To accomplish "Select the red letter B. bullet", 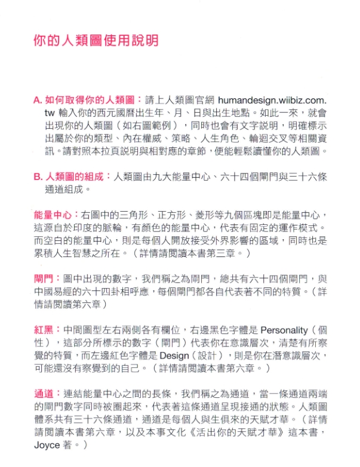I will point(37,177).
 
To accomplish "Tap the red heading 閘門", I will point(43,279).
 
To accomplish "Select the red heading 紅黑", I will point(43,330).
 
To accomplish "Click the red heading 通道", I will point(43,394).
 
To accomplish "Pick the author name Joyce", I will point(47,445).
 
